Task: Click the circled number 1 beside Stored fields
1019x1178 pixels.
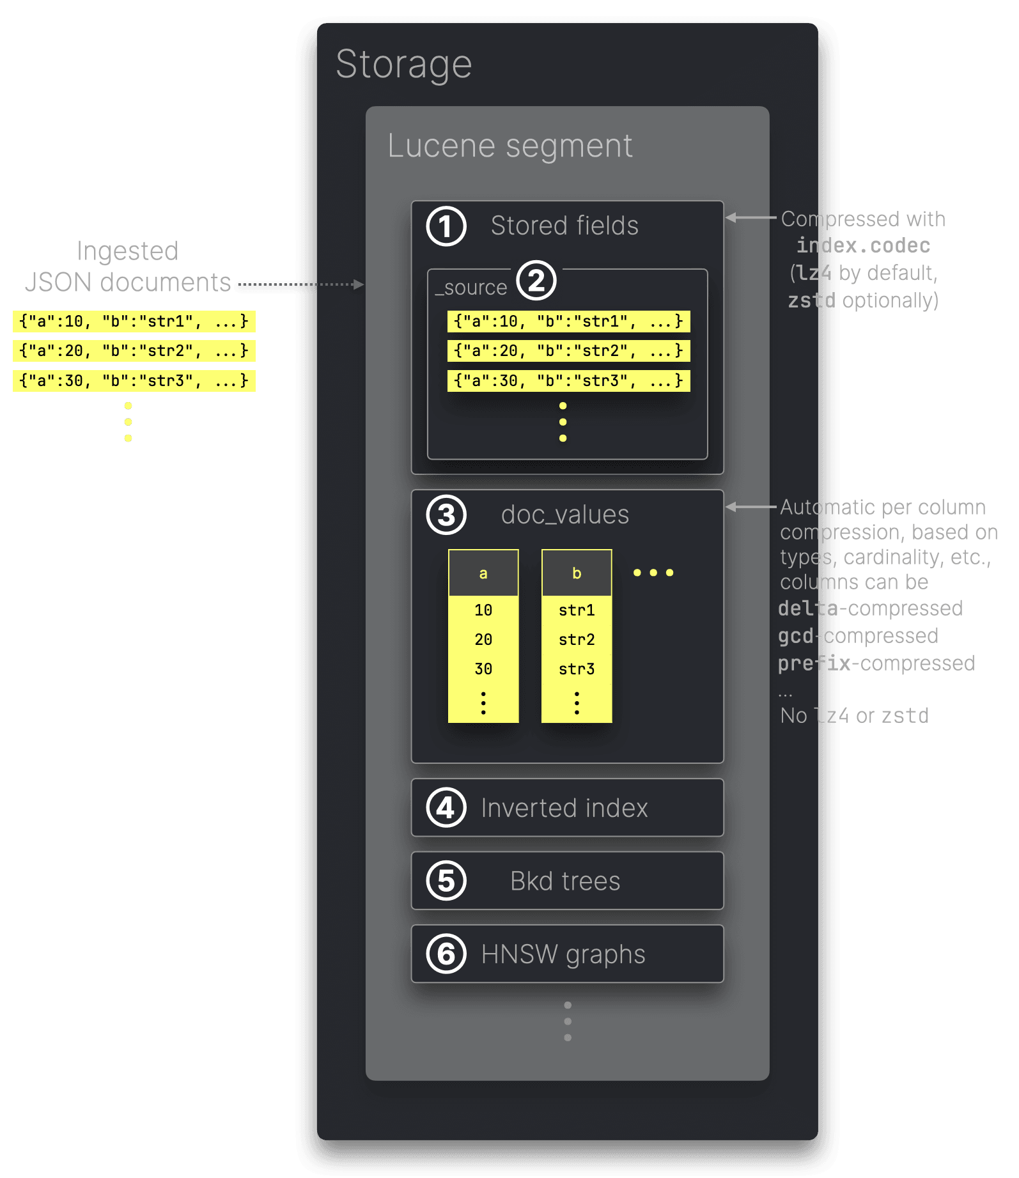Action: (446, 226)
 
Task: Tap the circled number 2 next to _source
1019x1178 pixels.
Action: (536, 281)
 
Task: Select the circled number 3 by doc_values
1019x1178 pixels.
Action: (446, 515)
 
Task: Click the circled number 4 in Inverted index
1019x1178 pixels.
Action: (446, 808)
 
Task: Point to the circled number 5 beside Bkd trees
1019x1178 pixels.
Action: (446, 881)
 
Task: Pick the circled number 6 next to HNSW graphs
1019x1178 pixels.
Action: (446, 954)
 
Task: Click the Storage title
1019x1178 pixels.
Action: (403, 65)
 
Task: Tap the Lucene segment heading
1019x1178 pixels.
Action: (509, 146)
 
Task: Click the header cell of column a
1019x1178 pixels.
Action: (483, 573)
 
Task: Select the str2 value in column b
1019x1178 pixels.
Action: (577, 640)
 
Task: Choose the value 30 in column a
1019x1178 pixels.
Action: (483, 669)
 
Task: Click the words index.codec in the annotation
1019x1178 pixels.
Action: (863, 246)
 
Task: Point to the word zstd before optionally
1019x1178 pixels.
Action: (811, 300)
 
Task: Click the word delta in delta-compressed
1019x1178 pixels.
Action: (808, 608)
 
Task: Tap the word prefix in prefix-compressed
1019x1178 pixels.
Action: (814, 663)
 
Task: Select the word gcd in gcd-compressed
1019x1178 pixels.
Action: (796, 636)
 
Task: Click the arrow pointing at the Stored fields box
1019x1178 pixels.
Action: (751, 218)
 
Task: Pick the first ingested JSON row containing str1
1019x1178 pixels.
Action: (134, 322)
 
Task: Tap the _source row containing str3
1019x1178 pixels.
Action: (568, 381)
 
